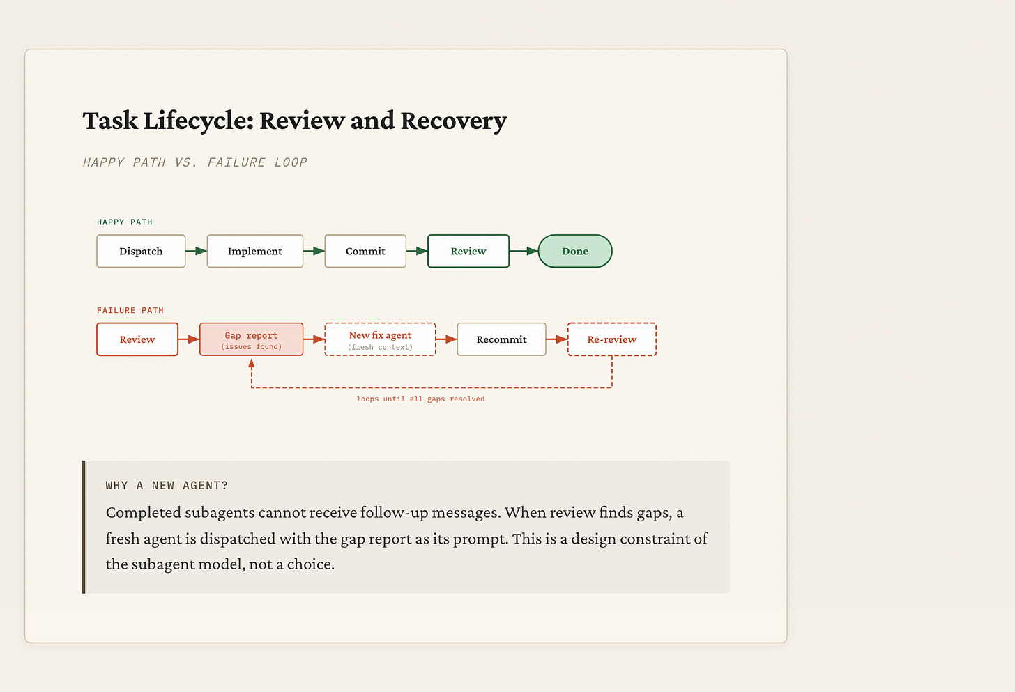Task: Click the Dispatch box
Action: click(141, 251)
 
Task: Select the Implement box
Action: click(255, 251)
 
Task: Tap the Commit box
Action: click(365, 251)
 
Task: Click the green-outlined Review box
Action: click(468, 251)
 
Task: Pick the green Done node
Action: click(575, 251)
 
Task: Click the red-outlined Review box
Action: click(137, 339)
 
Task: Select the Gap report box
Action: click(251, 339)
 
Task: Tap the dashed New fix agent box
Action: click(380, 339)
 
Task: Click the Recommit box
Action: click(501, 339)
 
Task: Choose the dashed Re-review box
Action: click(612, 339)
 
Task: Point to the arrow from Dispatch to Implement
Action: click(197, 251)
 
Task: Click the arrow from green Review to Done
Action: click(524, 251)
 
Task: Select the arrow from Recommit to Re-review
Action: click(557, 339)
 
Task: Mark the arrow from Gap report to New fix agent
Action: click(314, 339)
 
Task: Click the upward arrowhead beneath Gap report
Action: click(252, 363)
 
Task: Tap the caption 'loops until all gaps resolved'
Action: click(420, 399)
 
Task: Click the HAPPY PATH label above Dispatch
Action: click(125, 222)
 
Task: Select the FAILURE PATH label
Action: click(130, 311)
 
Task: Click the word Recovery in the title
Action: click(453, 121)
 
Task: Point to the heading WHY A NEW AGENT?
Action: click(167, 486)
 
